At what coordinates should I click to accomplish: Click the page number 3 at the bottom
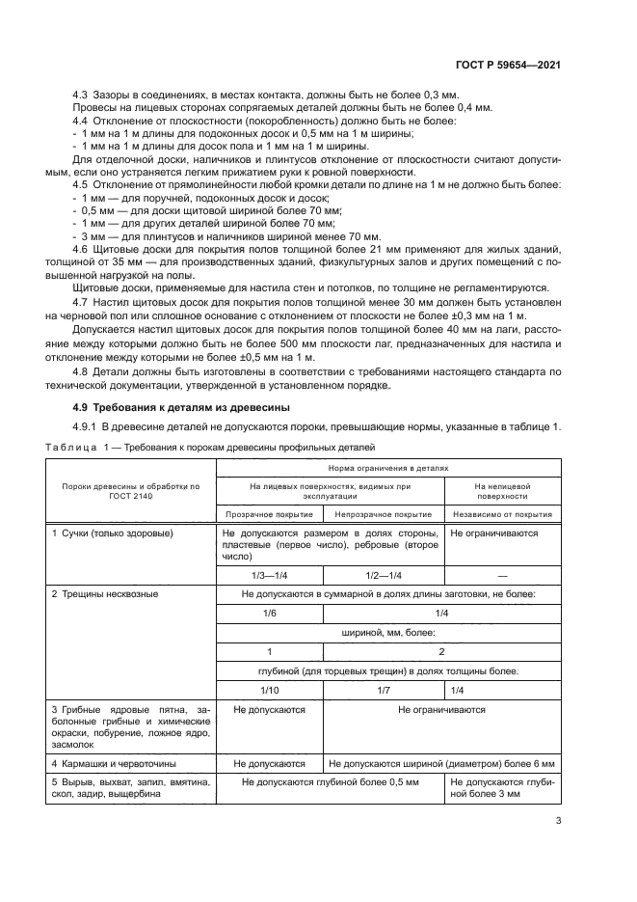click(558, 822)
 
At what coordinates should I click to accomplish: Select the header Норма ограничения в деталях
click(389, 467)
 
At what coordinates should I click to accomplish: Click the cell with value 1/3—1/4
click(269, 574)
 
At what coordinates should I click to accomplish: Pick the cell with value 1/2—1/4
click(383, 574)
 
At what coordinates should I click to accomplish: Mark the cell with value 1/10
click(269, 690)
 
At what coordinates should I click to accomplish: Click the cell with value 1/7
click(383, 690)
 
